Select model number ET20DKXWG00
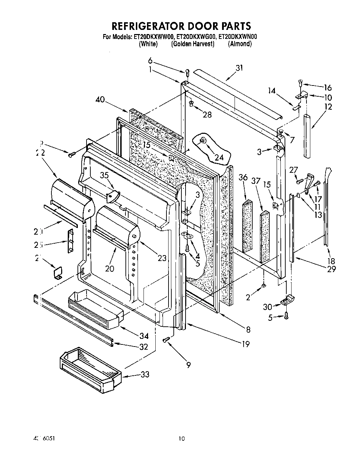(196, 36)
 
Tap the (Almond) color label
(239, 44)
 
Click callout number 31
(239, 68)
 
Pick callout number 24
(219, 157)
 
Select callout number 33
(145, 374)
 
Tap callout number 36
(243, 178)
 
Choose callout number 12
(328, 107)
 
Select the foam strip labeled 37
(265, 236)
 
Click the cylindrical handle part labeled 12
(309, 136)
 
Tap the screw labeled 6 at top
(188, 73)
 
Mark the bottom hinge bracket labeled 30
(289, 300)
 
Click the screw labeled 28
(191, 103)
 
